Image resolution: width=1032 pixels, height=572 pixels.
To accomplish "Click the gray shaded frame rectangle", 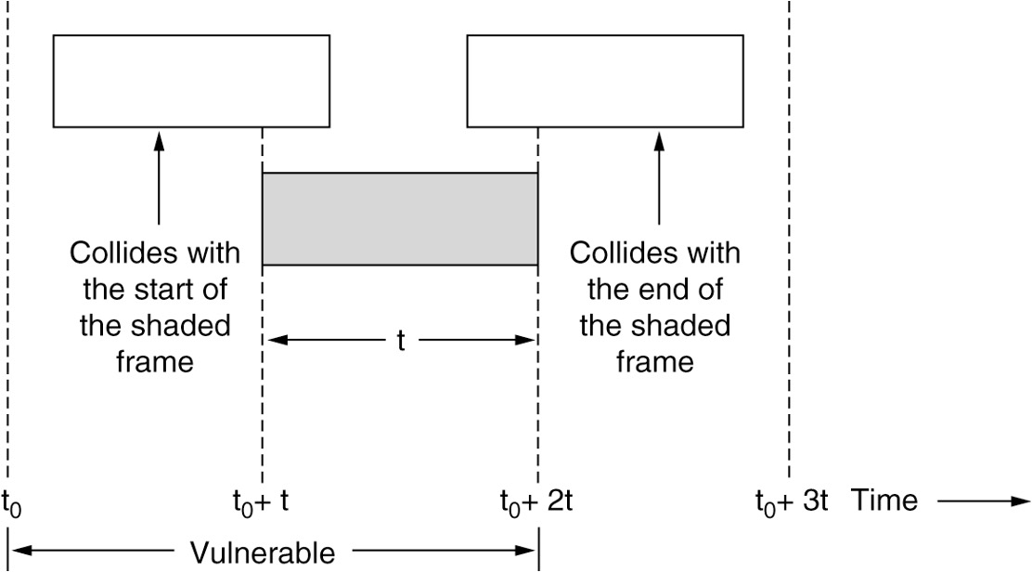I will pos(400,219).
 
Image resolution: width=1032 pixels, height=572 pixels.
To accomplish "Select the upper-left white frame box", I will pos(191,80).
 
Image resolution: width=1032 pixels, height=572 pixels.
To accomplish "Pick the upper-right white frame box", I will pos(605,80).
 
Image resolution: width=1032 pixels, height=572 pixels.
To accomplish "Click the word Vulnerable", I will pos(263,554).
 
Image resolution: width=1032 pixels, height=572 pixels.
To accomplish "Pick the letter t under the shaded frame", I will pos(401,341).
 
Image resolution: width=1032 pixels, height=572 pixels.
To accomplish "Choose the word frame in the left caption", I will pos(155,360).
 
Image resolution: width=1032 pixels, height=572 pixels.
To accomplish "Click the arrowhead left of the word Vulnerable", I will pos(17,554).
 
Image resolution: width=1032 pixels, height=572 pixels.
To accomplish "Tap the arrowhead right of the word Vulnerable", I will pos(530,554).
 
